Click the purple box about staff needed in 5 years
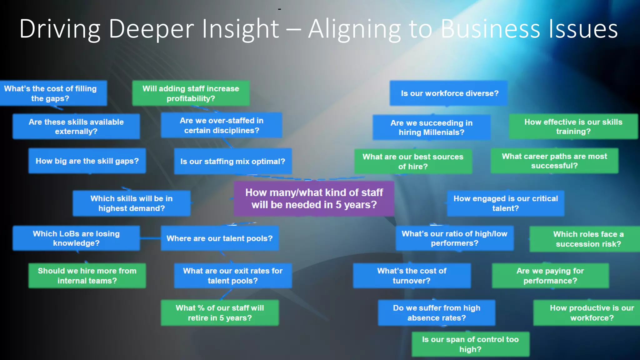(314, 198)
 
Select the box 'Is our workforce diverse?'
(448, 93)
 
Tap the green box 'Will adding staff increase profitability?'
(191, 93)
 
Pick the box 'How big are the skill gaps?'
(87, 161)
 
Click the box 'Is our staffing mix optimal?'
(232, 161)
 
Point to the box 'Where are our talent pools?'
(219, 238)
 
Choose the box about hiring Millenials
(431, 127)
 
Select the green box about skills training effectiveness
(573, 126)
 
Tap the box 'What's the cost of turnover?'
(412, 275)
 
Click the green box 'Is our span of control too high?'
(470, 344)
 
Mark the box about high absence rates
(436, 312)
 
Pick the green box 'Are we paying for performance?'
(550, 275)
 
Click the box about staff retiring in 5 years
(219, 312)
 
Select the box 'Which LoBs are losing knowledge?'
(76, 238)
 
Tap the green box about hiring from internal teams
(87, 275)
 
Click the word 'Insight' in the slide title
(240, 29)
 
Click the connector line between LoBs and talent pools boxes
(150, 238)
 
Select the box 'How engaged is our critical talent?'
(505, 203)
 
